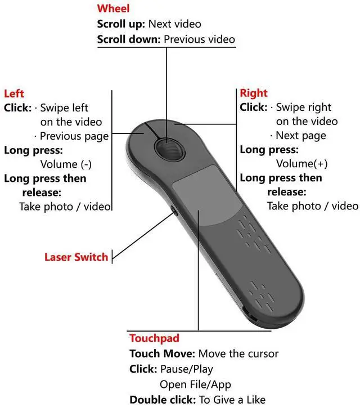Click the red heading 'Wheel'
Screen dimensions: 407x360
click(113, 9)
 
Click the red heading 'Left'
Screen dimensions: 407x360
click(13, 93)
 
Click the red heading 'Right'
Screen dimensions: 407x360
click(254, 93)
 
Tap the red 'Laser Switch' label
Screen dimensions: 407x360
click(76, 257)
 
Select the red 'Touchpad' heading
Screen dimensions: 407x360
click(154, 338)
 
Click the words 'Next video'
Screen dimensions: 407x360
click(174, 24)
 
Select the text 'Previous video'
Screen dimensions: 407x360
click(199, 39)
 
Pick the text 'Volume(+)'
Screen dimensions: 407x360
click(301, 164)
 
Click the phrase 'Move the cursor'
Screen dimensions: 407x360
click(238, 354)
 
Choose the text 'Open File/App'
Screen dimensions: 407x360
click(195, 384)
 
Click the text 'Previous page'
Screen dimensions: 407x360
click(74, 136)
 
